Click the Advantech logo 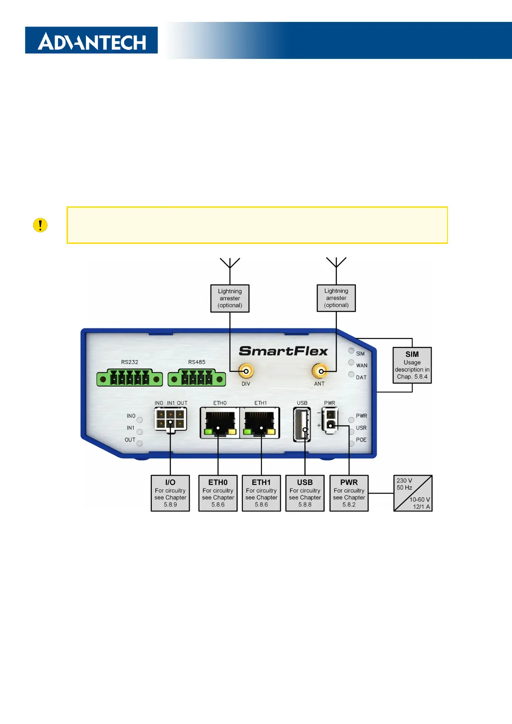(91, 40)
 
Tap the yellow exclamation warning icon (40, 225)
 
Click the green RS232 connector (129, 379)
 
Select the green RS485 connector (196, 379)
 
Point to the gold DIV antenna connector (246, 371)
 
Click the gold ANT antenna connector (319, 371)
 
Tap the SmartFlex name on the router (283, 351)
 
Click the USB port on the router (302, 425)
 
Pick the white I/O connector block (170, 419)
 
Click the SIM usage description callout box (412, 365)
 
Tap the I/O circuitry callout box (170, 493)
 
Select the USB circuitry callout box (305, 493)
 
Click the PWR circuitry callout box (349, 493)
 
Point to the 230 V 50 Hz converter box (413, 493)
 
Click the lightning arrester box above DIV (230, 298)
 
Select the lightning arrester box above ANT (336, 298)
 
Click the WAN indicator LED (351, 362)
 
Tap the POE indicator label (361, 440)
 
